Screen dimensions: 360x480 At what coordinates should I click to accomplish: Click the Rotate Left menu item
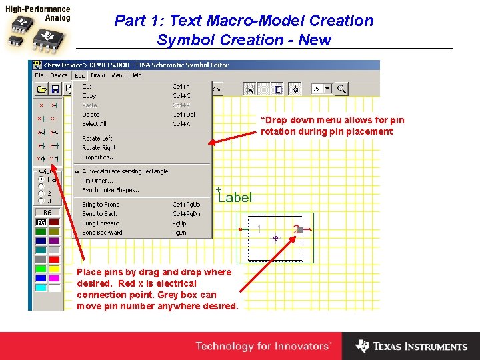point(97,139)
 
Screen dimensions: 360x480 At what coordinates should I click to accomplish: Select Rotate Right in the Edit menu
point(99,148)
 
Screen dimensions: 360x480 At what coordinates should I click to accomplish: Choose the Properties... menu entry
point(99,157)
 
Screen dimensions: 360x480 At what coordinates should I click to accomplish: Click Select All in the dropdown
point(94,124)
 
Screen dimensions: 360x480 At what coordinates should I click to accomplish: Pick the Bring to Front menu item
point(100,204)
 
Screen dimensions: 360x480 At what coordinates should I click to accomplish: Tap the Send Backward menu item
point(102,233)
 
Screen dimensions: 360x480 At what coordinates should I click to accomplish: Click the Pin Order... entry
point(97,181)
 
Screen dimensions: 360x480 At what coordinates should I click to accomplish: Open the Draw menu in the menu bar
point(97,75)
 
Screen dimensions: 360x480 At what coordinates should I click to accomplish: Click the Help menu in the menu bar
point(136,75)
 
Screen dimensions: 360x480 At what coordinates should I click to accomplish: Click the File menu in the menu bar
point(39,75)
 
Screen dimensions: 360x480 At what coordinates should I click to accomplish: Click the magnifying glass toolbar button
point(341,89)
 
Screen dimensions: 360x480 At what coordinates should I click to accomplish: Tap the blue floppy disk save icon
point(55,89)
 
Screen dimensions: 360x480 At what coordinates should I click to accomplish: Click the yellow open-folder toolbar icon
point(41,89)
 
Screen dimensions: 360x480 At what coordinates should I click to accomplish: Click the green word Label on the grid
point(236,197)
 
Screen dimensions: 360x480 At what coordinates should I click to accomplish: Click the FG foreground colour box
point(41,222)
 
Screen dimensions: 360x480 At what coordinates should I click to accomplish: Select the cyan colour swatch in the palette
point(41,287)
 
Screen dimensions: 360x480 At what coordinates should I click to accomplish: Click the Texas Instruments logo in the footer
point(411,346)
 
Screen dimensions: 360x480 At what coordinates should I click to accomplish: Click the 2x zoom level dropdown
point(321,89)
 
